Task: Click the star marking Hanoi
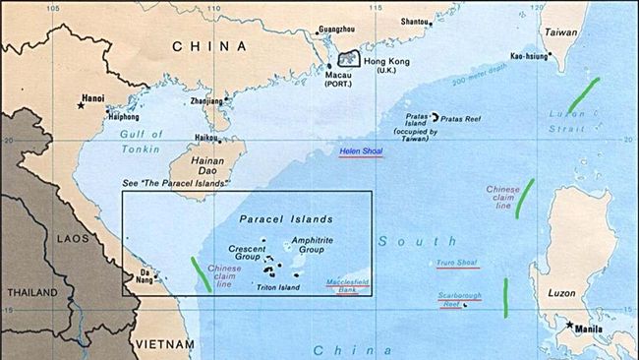click(81, 104)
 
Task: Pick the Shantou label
click(416, 21)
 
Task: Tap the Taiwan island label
click(561, 32)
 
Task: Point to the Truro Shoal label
click(458, 263)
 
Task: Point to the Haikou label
click(206, 138)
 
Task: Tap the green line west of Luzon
click(505, 297)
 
